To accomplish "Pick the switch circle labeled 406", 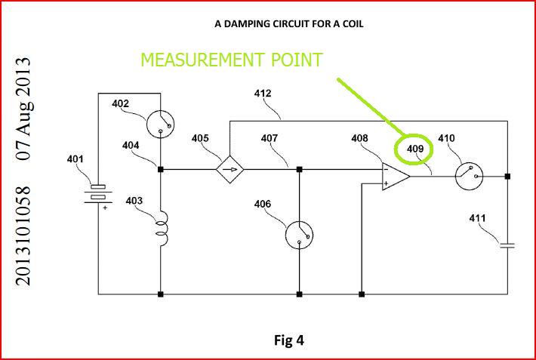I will pos(300,235).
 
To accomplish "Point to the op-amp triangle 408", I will pos(395,176).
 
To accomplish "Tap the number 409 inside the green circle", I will pos(415,149).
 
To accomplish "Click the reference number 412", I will pos(262,94).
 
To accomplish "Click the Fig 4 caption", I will pos(288,340).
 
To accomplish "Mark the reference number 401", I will pos(75,159).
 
